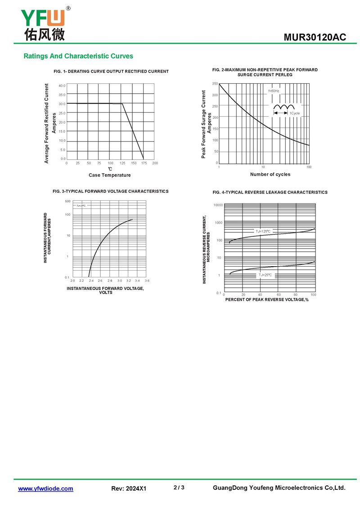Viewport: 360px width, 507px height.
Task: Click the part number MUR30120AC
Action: click(x=315, y=37)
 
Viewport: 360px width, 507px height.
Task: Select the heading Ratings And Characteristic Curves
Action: click(x=78, y=56)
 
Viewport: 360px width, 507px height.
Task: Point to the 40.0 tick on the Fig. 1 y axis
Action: click(x=62, y=86)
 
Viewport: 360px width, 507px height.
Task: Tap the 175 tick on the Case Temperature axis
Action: click(x=144, y=163)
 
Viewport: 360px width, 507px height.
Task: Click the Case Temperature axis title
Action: click(x=110, y=175)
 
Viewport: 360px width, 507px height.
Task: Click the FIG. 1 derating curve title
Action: click(x=111, y=72)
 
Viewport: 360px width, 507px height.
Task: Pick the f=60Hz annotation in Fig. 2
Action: click(x=274, y=91)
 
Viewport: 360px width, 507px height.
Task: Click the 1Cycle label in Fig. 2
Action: click(x=295, y=113)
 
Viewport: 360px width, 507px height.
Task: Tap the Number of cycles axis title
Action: click(x=270, y=174)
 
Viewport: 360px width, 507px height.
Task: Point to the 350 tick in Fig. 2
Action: click(x=215, y=84)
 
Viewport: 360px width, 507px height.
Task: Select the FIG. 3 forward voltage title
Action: click(x=111, y=191)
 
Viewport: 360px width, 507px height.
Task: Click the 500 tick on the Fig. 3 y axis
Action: click(x=67, y=201)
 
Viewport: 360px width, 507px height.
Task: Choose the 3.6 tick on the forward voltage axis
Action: click(x=147, y=281)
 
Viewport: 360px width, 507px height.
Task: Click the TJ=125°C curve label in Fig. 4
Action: click(x=264, y=231)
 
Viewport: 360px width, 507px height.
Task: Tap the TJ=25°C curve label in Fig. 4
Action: click(x=265, y=274)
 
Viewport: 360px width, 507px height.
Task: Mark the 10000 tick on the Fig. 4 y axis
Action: click(x=218, y=205)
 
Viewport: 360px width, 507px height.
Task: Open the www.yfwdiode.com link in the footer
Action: click(x=45, y=489)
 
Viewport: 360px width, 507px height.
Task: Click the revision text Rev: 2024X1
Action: click(x=129, y=489)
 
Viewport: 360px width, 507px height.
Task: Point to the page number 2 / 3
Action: click(x=179, y=488)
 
